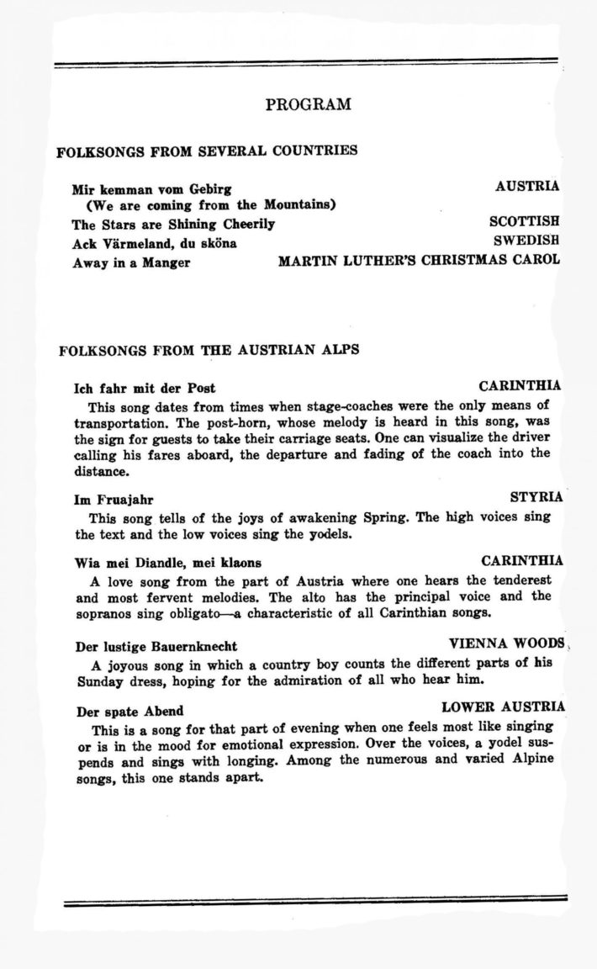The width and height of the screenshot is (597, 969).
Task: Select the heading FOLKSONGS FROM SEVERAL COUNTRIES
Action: click(207, 151)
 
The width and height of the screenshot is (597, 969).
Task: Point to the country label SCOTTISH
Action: click(524, 223)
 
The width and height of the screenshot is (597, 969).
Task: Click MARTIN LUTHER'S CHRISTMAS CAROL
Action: click(418, 260)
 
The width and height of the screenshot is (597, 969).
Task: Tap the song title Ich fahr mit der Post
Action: click(145, 388)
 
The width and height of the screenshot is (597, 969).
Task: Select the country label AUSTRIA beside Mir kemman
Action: click(527, 187)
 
